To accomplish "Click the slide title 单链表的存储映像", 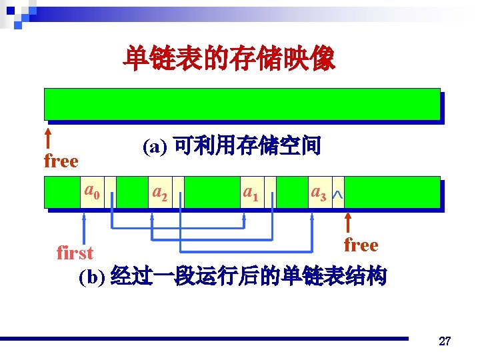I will point(229,60).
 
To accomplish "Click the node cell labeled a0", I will point(92,193).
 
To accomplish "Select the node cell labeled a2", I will point(159,193).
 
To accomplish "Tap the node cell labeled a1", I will point(251,193).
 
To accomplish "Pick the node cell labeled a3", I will point(318,193).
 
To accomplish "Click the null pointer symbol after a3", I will point(338,194).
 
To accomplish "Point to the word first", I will point(75,253).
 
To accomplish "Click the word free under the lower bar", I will point(361,245).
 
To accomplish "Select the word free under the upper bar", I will point(61,161).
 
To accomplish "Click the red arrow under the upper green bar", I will point(48,138).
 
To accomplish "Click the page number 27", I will point(445,342).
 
